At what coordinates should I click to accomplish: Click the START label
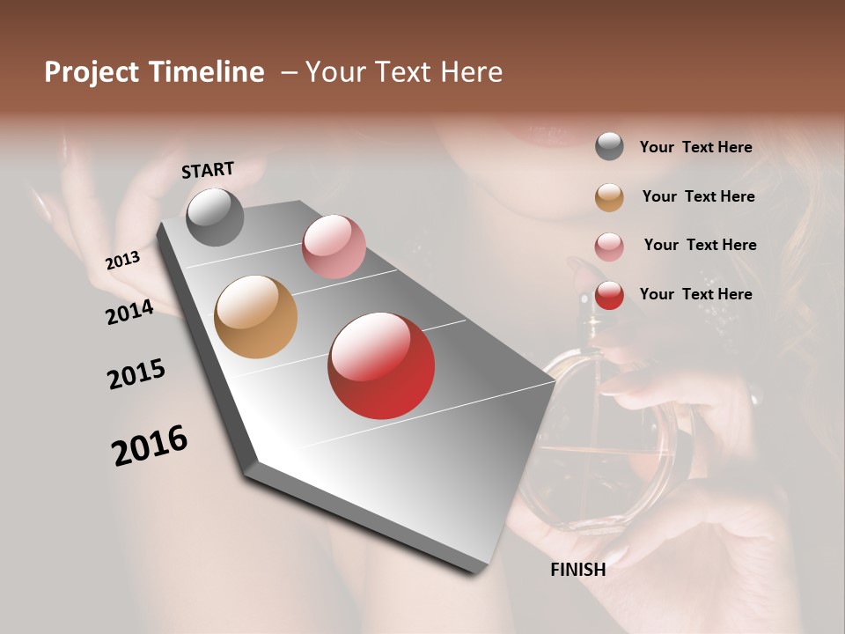coord(208,170)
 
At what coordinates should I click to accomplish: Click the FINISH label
coord(577,570)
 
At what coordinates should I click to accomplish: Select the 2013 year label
coord(122,261)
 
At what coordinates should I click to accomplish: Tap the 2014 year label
coord(129,313)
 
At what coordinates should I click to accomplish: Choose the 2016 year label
coord(150,446)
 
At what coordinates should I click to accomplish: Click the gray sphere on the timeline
coord(215,217)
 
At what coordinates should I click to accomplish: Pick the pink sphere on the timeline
coord(334,246)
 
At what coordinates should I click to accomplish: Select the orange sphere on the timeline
coord(256,317)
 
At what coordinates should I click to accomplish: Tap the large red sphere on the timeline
coord(381,365)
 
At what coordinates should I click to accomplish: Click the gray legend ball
coord(609,147)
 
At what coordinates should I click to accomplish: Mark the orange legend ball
coord(609,197)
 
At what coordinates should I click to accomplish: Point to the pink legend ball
coord(609,247)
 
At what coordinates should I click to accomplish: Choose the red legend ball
coord(609,295)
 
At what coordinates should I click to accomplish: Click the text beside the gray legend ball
coord(695,147)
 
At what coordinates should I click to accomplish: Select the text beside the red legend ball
coord(695,294)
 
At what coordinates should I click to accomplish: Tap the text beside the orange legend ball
coord(698,196)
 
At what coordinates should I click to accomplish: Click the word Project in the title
coord(91,72)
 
